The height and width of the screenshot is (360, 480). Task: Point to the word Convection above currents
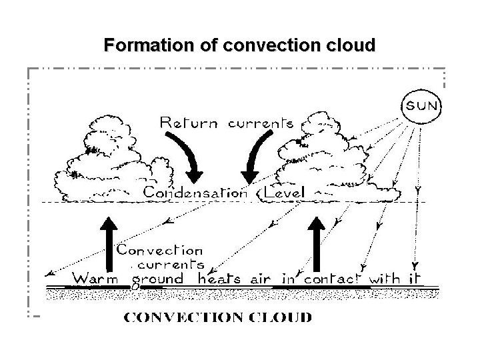(x=160, y=251)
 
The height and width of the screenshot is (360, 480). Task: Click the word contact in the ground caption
(x=333, y=279)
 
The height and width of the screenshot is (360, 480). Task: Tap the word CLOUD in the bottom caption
(x=283, y=317)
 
